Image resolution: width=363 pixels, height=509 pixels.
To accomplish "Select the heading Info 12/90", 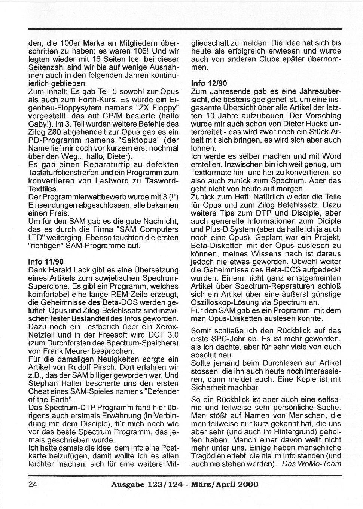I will (x=207, y=83).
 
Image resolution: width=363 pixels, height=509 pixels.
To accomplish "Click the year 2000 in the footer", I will (x=246, y=484).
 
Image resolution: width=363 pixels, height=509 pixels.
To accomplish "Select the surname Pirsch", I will (x=121, y=368).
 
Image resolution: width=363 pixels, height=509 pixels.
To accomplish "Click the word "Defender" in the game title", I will (x=160, y=392).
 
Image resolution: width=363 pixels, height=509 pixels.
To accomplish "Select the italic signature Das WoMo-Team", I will (x=312, y=464).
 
